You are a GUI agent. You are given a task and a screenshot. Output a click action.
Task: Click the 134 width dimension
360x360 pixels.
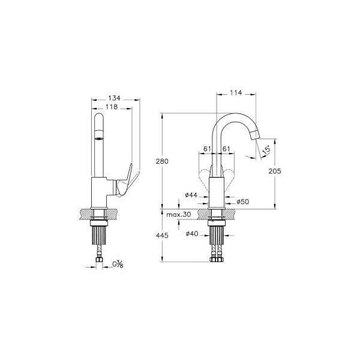pyautogui.click(x=115, y=98)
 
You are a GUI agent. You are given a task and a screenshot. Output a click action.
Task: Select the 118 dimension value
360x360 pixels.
pyautogui.click(x=112, y=107)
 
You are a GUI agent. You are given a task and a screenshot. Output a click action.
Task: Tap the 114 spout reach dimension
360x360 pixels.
pyautogui.click(x=236, y=93)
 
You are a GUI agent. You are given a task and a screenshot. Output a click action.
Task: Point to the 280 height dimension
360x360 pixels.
pyautogui.click(x=162, y=161)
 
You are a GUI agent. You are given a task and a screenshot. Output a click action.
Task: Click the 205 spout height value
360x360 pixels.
pyautogui.click(x=275, y=171)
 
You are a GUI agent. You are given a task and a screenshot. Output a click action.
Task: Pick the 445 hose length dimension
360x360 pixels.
pyautogui.click(x=162, y=236)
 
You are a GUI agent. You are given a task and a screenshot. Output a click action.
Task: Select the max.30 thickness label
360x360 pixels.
pyautogui.click(x=179, y=215)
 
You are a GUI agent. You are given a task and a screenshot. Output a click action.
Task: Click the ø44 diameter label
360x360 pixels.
pyautogui.click(x=191, y=195)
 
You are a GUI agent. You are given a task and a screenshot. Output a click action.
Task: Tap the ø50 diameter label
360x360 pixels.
pyautogui.click(x=242, y=202)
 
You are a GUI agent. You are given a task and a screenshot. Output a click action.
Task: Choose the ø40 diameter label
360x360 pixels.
pyautogui.click(x=192, y=234)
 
